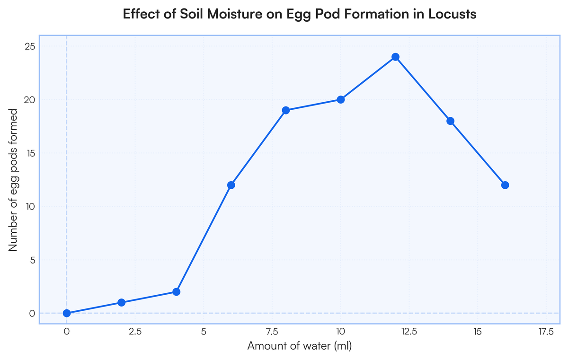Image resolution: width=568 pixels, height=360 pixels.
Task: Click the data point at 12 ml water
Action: pos(395,57)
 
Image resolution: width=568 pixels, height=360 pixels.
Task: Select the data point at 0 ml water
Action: pos(67,313)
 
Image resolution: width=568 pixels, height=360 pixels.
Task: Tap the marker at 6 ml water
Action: pos(231,185)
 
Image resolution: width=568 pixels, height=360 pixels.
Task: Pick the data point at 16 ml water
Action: pos(505,185)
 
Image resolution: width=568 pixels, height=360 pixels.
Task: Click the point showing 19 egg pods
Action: pos(286,110)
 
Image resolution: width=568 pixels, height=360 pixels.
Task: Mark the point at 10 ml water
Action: pos(340,99)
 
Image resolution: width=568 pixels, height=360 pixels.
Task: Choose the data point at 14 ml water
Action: pos(450,121)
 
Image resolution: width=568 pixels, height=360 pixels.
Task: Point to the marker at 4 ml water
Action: pos(176,292)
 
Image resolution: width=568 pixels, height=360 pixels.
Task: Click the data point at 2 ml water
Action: pos(121,302)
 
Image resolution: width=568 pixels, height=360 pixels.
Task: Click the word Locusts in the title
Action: pos(452,14)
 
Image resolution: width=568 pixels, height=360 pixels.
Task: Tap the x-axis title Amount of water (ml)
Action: pos(299,346)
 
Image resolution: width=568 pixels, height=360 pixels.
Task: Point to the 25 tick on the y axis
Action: pos(31,46)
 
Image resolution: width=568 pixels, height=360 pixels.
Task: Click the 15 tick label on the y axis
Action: pos(31,153)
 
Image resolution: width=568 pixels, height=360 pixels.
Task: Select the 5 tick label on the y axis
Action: pos(33,260)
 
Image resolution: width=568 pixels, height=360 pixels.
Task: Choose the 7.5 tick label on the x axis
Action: pos(272,332)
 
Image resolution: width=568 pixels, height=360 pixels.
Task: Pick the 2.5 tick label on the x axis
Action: pos(135,332)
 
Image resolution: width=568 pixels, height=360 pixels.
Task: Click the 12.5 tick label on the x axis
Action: pos(409,332)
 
